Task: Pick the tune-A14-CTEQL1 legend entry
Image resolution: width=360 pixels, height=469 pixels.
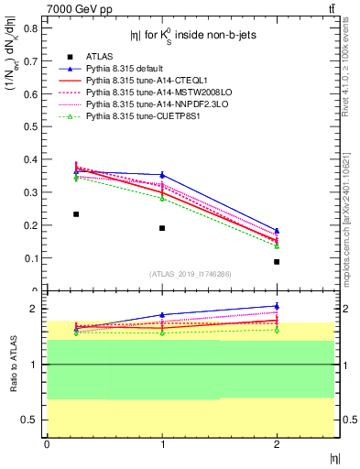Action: coord(137,81)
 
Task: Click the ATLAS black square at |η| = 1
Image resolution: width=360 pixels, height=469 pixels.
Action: coord(162,228)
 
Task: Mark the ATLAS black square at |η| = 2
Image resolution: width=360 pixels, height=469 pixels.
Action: coord(277,262)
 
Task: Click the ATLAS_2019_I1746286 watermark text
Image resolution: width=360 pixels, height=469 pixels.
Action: coord(190,274)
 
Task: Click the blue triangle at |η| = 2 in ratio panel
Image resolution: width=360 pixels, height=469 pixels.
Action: coord(277,306)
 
